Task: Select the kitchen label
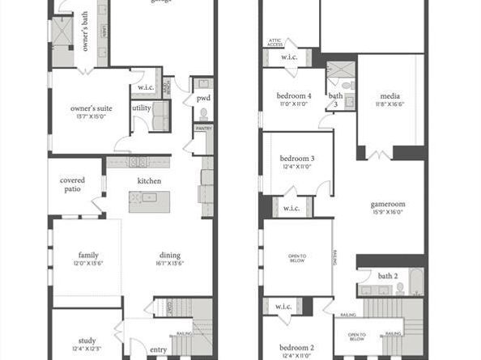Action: pos(149,180)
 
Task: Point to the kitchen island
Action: pos(150,202)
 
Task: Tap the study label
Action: pos(87,341)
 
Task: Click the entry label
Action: pos(158,349)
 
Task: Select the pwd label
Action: pos(202,99)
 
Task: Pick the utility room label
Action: pos(142,108)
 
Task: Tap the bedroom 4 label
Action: pos(292,95)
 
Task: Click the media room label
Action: pos(390,94)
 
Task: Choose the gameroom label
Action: pos(389,205)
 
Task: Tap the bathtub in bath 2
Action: pos(415,283)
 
